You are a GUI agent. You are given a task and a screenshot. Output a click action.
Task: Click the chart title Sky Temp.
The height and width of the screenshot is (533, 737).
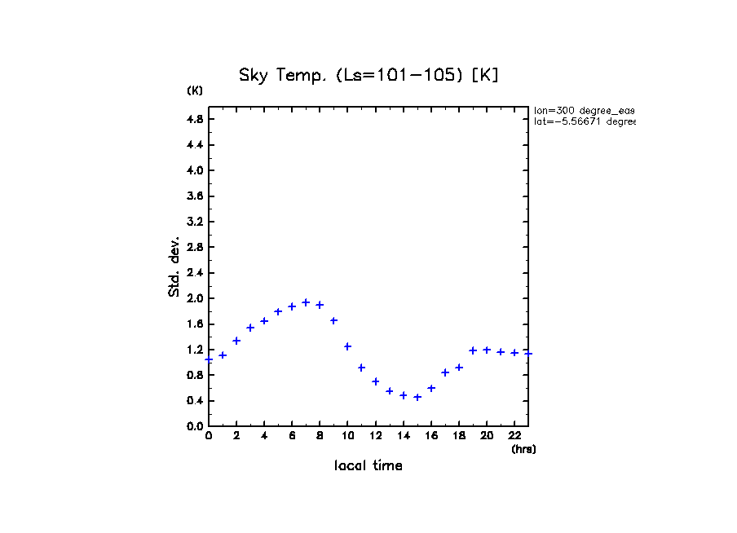point(368,75)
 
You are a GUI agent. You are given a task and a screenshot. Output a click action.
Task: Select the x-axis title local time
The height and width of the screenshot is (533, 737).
point(368,466)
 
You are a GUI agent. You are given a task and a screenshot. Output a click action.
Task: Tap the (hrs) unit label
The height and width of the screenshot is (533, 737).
point(523,449)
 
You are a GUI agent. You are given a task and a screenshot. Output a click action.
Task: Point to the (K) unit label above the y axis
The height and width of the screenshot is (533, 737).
point(195,90)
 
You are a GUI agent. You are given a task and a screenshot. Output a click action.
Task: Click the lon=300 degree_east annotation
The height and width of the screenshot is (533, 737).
point(584,110)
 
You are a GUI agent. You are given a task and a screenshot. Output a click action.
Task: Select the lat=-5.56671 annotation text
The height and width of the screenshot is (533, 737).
point(584,121)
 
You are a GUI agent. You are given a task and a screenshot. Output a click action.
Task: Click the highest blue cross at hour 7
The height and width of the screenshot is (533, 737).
point(306,302)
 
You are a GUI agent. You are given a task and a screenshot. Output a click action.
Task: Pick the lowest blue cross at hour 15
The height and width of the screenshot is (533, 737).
point(417,397)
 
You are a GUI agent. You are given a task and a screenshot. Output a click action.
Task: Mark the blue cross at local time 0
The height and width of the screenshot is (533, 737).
point(209,359)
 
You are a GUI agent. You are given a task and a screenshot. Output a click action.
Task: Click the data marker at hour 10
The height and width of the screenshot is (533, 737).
point(347,346)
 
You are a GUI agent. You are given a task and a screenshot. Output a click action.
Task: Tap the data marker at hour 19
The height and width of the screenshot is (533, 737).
point(473,350)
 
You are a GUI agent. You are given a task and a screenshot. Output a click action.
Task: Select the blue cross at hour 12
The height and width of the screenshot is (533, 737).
point(376,381)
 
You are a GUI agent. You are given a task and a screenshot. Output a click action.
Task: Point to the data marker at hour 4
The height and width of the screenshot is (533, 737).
point(264,321)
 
